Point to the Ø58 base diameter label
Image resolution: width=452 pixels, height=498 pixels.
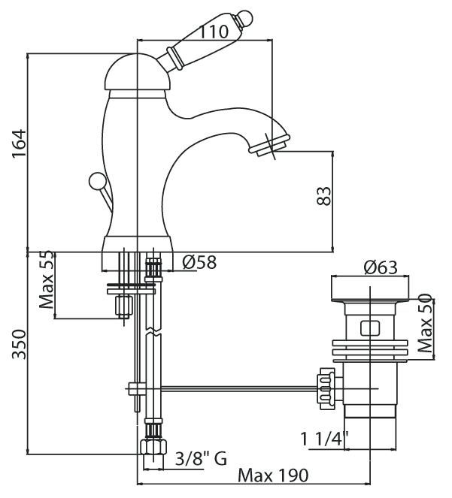[199, 262]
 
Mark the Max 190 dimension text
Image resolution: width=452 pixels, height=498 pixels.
[272, 475]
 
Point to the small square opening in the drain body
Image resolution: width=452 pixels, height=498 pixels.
[369, 327]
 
